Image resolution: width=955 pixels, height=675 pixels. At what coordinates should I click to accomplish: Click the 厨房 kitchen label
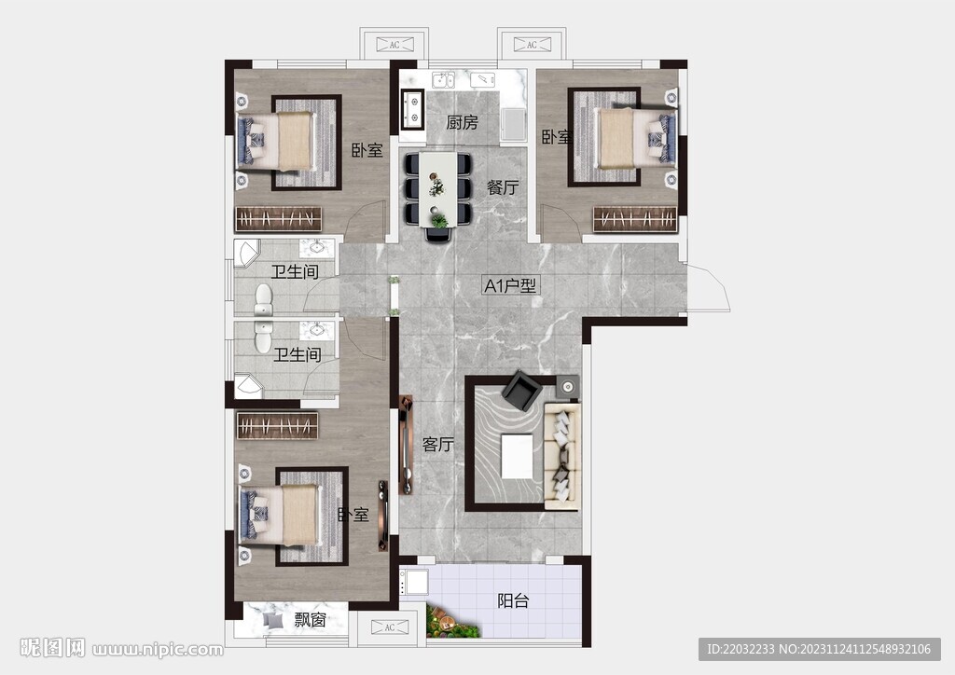click(462, 122)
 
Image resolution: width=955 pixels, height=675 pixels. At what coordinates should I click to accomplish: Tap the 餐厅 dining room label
click(503, 187)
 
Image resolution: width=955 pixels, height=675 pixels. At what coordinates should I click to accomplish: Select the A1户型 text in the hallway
click(510, 285)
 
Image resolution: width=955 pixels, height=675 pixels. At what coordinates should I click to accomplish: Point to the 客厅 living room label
click(438, 445)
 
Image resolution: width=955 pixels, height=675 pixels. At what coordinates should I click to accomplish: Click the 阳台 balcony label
click(513, 600)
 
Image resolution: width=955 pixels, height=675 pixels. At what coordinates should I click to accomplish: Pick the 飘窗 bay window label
click(310, 620)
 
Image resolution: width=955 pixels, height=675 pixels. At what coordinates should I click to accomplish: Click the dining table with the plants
click(438, 188)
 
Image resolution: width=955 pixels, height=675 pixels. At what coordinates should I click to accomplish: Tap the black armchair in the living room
click(522, 390)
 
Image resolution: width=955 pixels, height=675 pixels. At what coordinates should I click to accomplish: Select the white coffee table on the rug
click(517, 456)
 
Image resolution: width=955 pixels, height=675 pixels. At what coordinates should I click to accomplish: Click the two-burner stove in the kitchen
click(412, 109)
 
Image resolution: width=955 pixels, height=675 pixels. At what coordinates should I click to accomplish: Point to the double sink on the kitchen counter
click(443, 80)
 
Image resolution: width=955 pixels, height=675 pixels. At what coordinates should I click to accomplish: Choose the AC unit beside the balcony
click(390, 627)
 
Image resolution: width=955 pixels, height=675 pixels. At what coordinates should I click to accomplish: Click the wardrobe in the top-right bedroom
click(635, 220)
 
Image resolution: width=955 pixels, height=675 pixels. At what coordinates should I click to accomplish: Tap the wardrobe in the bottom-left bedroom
click(278, 425)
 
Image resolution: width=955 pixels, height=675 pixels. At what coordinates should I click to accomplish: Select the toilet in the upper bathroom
click(263, 299)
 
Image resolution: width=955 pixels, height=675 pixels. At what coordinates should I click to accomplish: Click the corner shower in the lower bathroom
click(248, 387)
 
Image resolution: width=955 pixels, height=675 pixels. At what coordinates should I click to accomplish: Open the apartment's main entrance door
click(708, 288)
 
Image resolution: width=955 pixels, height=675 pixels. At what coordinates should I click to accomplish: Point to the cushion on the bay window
click(273, 621)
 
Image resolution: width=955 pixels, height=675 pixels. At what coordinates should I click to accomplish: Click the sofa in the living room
click(562, 455)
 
